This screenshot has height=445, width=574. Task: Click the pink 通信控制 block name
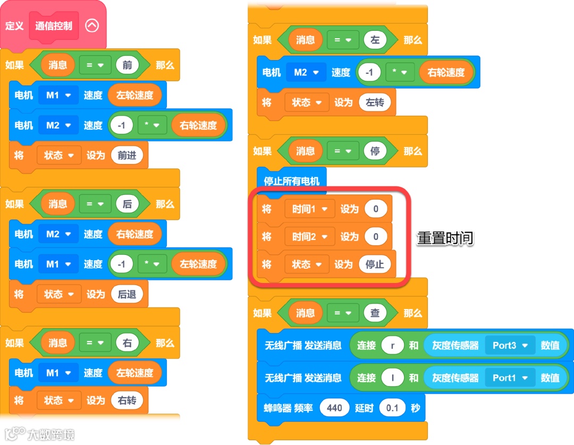click(54, 26)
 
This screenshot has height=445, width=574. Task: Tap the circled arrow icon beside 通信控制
click(92, 25)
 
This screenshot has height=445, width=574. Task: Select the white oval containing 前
click(127, 65)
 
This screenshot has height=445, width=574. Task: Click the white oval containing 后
click(127, 204)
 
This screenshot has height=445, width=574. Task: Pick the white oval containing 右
click(127, 343)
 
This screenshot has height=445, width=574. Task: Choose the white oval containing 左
click(375, 40)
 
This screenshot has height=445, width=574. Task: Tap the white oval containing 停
click(375, 151)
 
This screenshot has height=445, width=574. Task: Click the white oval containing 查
click(375, 313)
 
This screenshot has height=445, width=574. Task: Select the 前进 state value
click(127, 156)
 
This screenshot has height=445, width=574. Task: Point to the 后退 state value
click(127, 294)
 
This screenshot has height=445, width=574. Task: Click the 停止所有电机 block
click(291, 181)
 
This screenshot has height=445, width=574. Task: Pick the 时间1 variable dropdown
click(309, 209)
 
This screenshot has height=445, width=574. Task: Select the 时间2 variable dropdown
click(309, 237)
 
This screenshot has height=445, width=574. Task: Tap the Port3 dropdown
click(510, 345)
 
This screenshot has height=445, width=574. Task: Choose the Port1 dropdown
click(510, 378)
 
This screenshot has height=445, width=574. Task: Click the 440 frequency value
click(334, 408)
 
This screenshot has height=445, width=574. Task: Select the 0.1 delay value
click(392, 408)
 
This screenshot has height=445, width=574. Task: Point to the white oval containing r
click(393, 345)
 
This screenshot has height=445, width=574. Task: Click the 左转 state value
click(375, 102)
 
